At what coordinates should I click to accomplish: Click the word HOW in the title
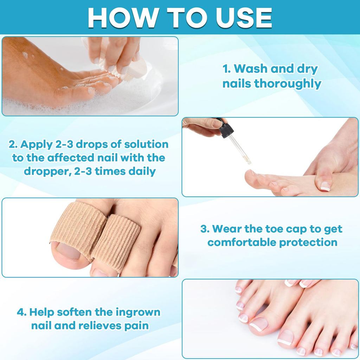(123, 18)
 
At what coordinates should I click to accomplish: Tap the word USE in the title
(244, 18)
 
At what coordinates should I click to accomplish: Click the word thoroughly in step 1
(288, 84)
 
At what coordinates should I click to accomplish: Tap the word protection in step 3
(308, 243)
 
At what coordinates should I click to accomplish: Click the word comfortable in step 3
(242, 242)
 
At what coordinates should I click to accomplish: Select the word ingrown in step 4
(138, 313)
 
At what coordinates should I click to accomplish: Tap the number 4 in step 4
(20, 312)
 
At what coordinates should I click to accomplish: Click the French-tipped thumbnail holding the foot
(325, 186)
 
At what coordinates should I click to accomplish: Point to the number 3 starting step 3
(204, 229)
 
